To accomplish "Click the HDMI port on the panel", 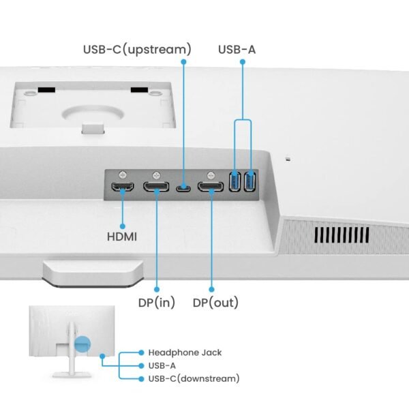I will click(123, 186).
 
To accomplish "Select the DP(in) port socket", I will click(157, 186).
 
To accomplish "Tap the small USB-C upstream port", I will click(183, 187).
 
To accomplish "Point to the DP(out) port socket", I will click(211, 186).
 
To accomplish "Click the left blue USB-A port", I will click(236, 183).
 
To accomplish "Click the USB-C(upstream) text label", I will click(137, 49).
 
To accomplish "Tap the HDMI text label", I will click(122, 237).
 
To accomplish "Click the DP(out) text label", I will click(215, 302).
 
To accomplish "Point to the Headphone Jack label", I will click(185, 352).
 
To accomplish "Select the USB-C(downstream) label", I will click(193, 378).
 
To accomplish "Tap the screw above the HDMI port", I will click(123, 174).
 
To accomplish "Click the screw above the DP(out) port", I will click(212, 174).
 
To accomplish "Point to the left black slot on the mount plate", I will click(46, 89).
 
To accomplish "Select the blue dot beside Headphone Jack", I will click(141, 352).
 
